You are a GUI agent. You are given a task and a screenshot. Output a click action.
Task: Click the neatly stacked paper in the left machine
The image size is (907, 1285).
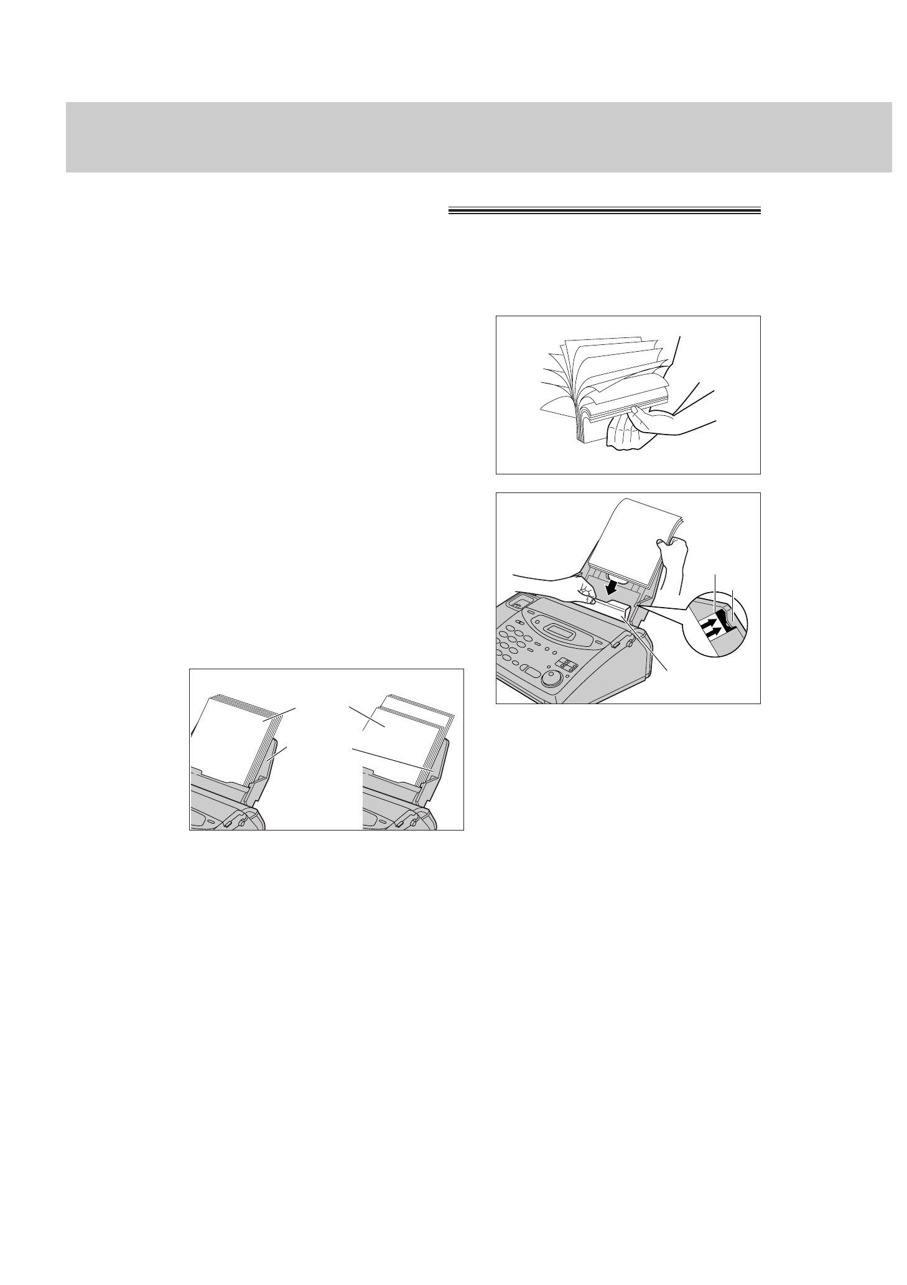click(x=233, y=741)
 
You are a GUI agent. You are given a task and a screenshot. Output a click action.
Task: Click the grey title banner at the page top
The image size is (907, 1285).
click(x=478, y=137)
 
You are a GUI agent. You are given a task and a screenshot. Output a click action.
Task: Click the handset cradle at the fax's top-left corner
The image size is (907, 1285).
click(x=520, y=602)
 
